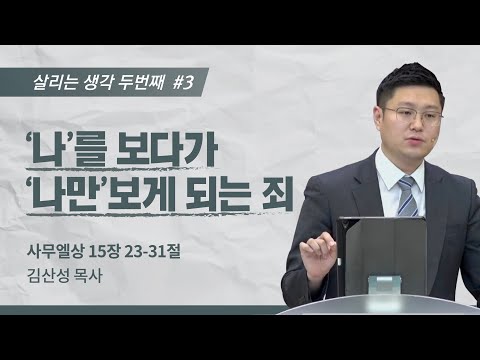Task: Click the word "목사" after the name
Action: (97, 270)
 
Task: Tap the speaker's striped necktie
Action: (407, 194)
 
